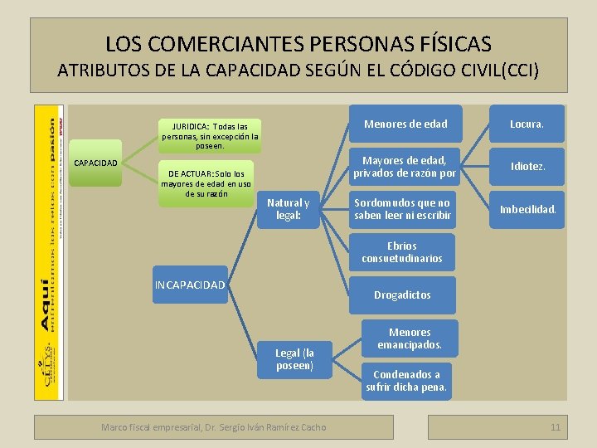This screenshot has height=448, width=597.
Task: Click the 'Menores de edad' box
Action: coord(405,124)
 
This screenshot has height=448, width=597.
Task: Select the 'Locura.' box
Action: coord(527,124)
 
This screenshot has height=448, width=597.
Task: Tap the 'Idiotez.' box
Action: coord(527,167)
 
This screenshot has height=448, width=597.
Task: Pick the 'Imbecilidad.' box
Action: coord(527,209)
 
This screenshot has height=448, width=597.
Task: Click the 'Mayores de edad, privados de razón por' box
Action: coord(405,167)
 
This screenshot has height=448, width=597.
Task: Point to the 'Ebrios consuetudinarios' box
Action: coord(402,252)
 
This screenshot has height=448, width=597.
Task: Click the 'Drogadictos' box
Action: coord(402,295)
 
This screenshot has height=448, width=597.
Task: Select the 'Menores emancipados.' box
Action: coord(410,338)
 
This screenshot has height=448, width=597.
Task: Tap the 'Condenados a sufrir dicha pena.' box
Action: coord(406,380)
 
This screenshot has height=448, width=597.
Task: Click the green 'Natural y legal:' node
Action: coord(288,210)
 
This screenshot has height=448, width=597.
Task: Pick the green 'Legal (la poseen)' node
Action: coord(294,359)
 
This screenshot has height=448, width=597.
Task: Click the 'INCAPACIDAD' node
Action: coord(190,285)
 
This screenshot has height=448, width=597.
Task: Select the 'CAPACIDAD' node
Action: coord(96,163)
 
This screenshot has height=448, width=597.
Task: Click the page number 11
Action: coord(555,427)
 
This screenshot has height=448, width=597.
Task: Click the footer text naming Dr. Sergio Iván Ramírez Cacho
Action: coord(213,427)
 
